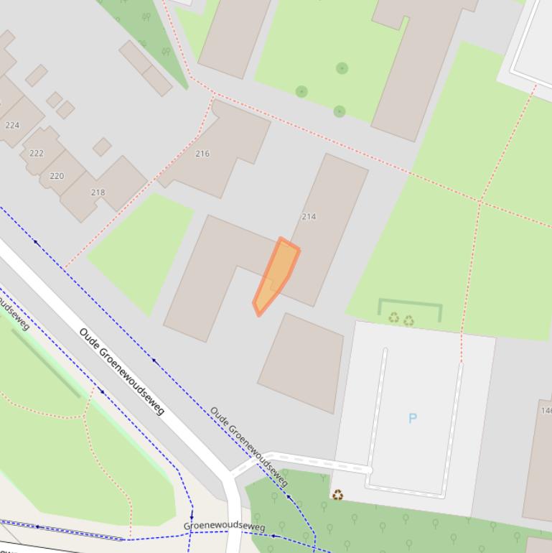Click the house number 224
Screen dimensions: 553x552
[12, 125]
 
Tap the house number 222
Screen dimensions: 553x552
[37, 153]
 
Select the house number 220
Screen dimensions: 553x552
[57, 175]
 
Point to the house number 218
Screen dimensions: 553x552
[98, 192]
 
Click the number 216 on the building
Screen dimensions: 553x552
[202, 153]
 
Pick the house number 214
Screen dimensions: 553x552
[309, 216]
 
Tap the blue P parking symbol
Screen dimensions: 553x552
[413, 418]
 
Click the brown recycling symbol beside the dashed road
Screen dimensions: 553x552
[337, 495]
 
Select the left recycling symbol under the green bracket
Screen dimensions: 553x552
[393, 318]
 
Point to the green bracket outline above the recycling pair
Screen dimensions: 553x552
[409, 304]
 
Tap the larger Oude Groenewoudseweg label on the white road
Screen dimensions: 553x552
[122, 371]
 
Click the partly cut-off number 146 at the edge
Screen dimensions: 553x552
[546, 411]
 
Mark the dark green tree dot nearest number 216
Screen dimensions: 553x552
[301, 91]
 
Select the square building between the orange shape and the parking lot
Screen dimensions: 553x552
[301, 363]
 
